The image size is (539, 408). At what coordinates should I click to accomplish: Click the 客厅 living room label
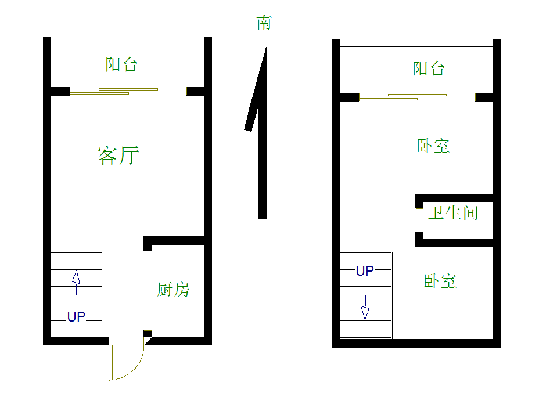(x=118, y=156)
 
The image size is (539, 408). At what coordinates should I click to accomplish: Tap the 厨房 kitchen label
(x=173, y=289)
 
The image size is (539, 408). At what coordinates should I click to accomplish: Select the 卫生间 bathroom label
(x=453, y=212)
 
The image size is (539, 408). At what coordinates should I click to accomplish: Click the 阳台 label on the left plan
(x=121, y=64)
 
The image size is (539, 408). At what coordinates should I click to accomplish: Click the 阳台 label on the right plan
(x=429, y=68)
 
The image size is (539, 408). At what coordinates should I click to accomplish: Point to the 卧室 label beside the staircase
(x=440, y=281)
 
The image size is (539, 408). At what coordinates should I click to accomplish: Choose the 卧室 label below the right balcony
(x=433, y=146)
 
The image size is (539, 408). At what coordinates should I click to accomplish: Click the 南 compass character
(x=264, y=23)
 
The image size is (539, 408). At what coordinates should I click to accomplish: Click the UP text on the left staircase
(x=76, y=317)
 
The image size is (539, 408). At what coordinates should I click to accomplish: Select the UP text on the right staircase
(x=365, y=271)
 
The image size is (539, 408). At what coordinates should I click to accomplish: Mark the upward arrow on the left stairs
(x=76, y=279)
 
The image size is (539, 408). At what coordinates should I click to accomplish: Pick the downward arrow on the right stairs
(x=365, y=309)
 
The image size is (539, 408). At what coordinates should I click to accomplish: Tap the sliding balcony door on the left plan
(x=114, y=91)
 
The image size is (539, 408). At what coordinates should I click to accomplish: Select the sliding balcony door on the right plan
(x=403, y=96)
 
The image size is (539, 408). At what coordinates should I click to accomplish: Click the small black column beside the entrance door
(x=148, y=334)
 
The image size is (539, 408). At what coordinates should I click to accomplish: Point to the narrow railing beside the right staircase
(x=396, y=295)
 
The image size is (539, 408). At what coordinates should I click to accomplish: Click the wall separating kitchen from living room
(x=174, y=240)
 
